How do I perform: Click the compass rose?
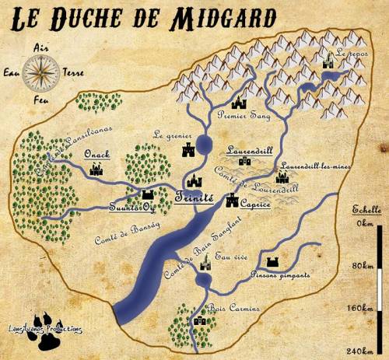tap(36, 74)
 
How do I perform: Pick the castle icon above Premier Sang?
tap(239, 101)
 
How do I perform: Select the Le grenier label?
tap(173, 133)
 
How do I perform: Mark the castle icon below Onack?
tap(98, 169)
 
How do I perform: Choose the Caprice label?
tap(257, 203)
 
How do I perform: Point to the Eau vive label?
tap(230, 256)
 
